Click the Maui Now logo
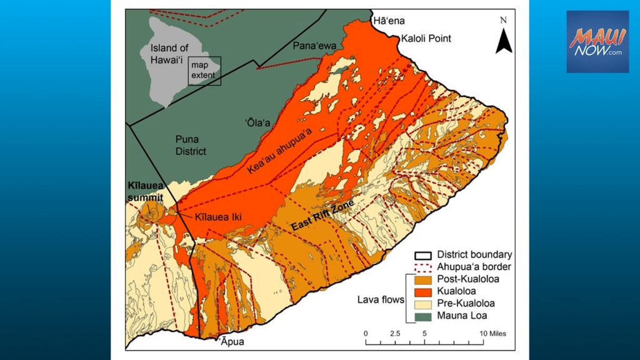[x=597, y=41]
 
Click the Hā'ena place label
[x=387, y=21]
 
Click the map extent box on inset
[x=206, y=70]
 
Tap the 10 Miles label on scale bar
[x=492, y=333]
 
